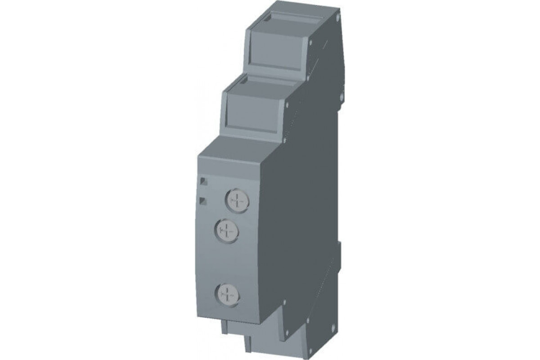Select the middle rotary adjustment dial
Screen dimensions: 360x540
tap(227, 231)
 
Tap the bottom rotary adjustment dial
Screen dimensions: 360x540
tap(227, 295)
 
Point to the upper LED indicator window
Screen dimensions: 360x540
tap(203, 181)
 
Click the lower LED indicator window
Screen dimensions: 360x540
tap(203, 200)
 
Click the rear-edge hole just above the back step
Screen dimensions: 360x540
tap(341, 95)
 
